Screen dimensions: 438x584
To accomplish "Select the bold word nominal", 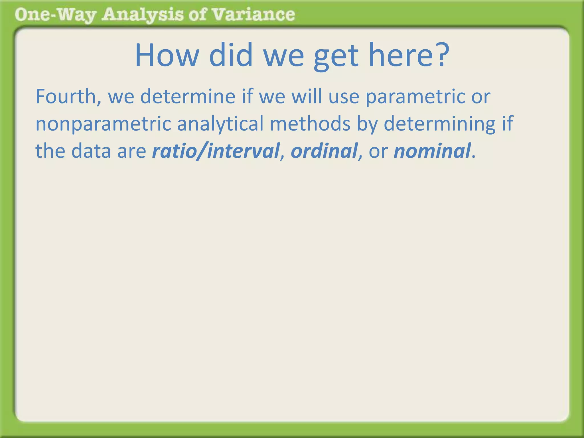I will [432, 151].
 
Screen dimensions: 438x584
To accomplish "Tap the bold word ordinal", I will [324, 151].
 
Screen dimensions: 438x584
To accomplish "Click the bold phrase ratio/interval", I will [216, 151].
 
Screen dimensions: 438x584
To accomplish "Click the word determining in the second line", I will [439, 124].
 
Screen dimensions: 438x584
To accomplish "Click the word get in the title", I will [336, 56].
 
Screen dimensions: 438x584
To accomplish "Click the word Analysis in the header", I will [143, 15].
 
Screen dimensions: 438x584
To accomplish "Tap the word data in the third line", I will [91, 151].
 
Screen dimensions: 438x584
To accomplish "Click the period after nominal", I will [474, 157].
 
